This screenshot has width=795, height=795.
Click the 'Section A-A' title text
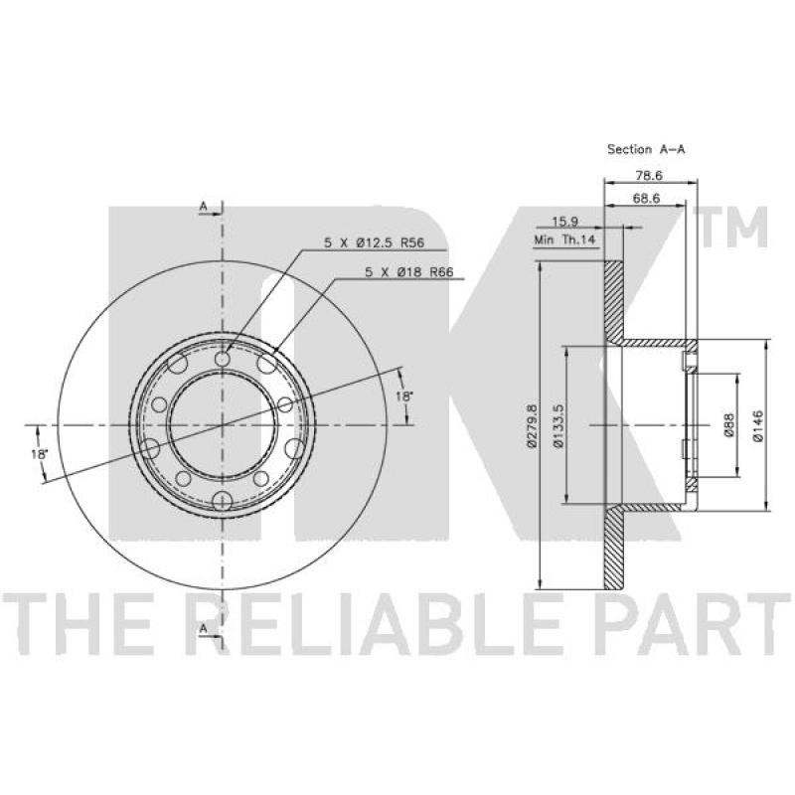(646, 149)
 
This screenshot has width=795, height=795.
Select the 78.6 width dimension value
(649, 176)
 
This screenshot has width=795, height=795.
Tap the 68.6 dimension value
(646, 198)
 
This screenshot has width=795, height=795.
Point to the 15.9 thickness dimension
(564, 222)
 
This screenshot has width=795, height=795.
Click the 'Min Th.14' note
(564, 239)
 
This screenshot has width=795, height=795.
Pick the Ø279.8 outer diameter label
(532, 425)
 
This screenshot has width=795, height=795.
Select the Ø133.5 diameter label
(558, 425)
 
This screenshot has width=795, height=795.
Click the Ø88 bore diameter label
(728, 425)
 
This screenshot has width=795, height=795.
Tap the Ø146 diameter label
(758, 426)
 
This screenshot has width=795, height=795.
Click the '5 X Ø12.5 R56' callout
(375, 242)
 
